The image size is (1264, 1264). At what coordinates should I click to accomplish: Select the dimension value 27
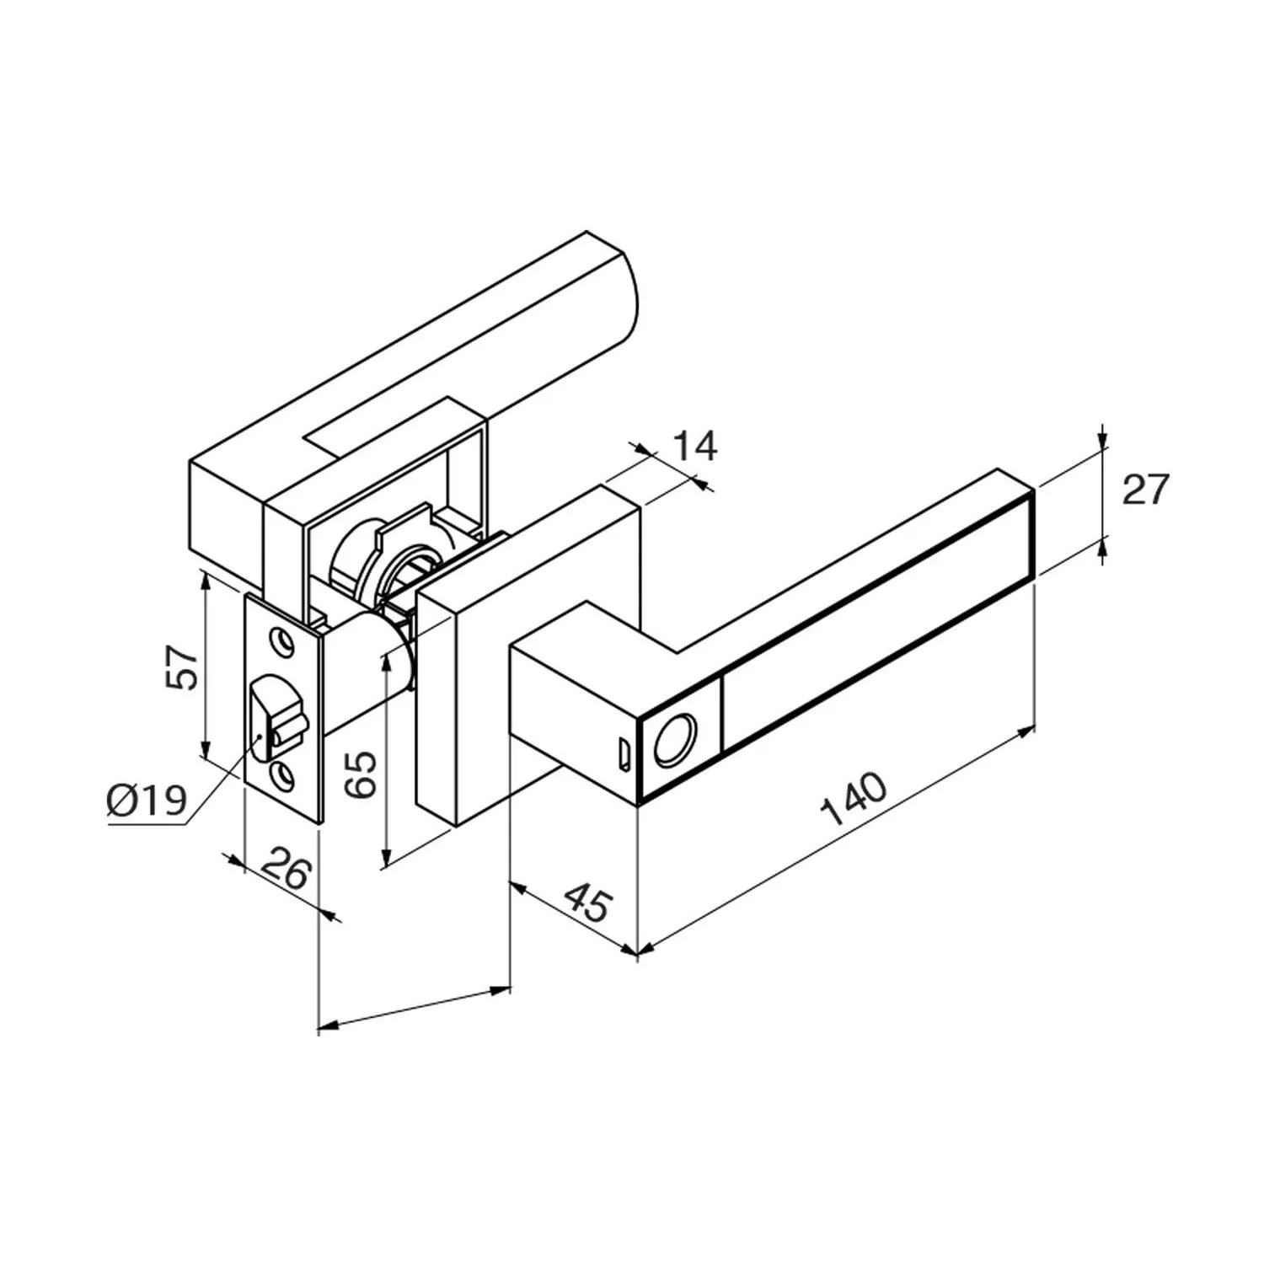coord(1146,490)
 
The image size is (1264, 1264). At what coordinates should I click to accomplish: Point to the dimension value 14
coord(694,446)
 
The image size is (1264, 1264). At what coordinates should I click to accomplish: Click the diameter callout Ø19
coord(147,800)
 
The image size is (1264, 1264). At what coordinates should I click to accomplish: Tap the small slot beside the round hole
coord(624,755)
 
